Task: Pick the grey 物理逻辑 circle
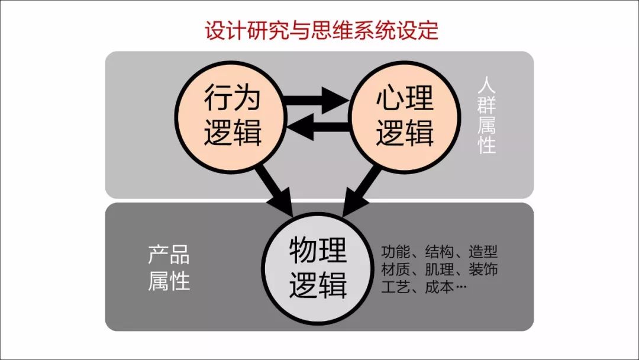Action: pyautogui.click(x=318, y=265)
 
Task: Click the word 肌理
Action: pyautogui.click(x=439, y=270)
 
